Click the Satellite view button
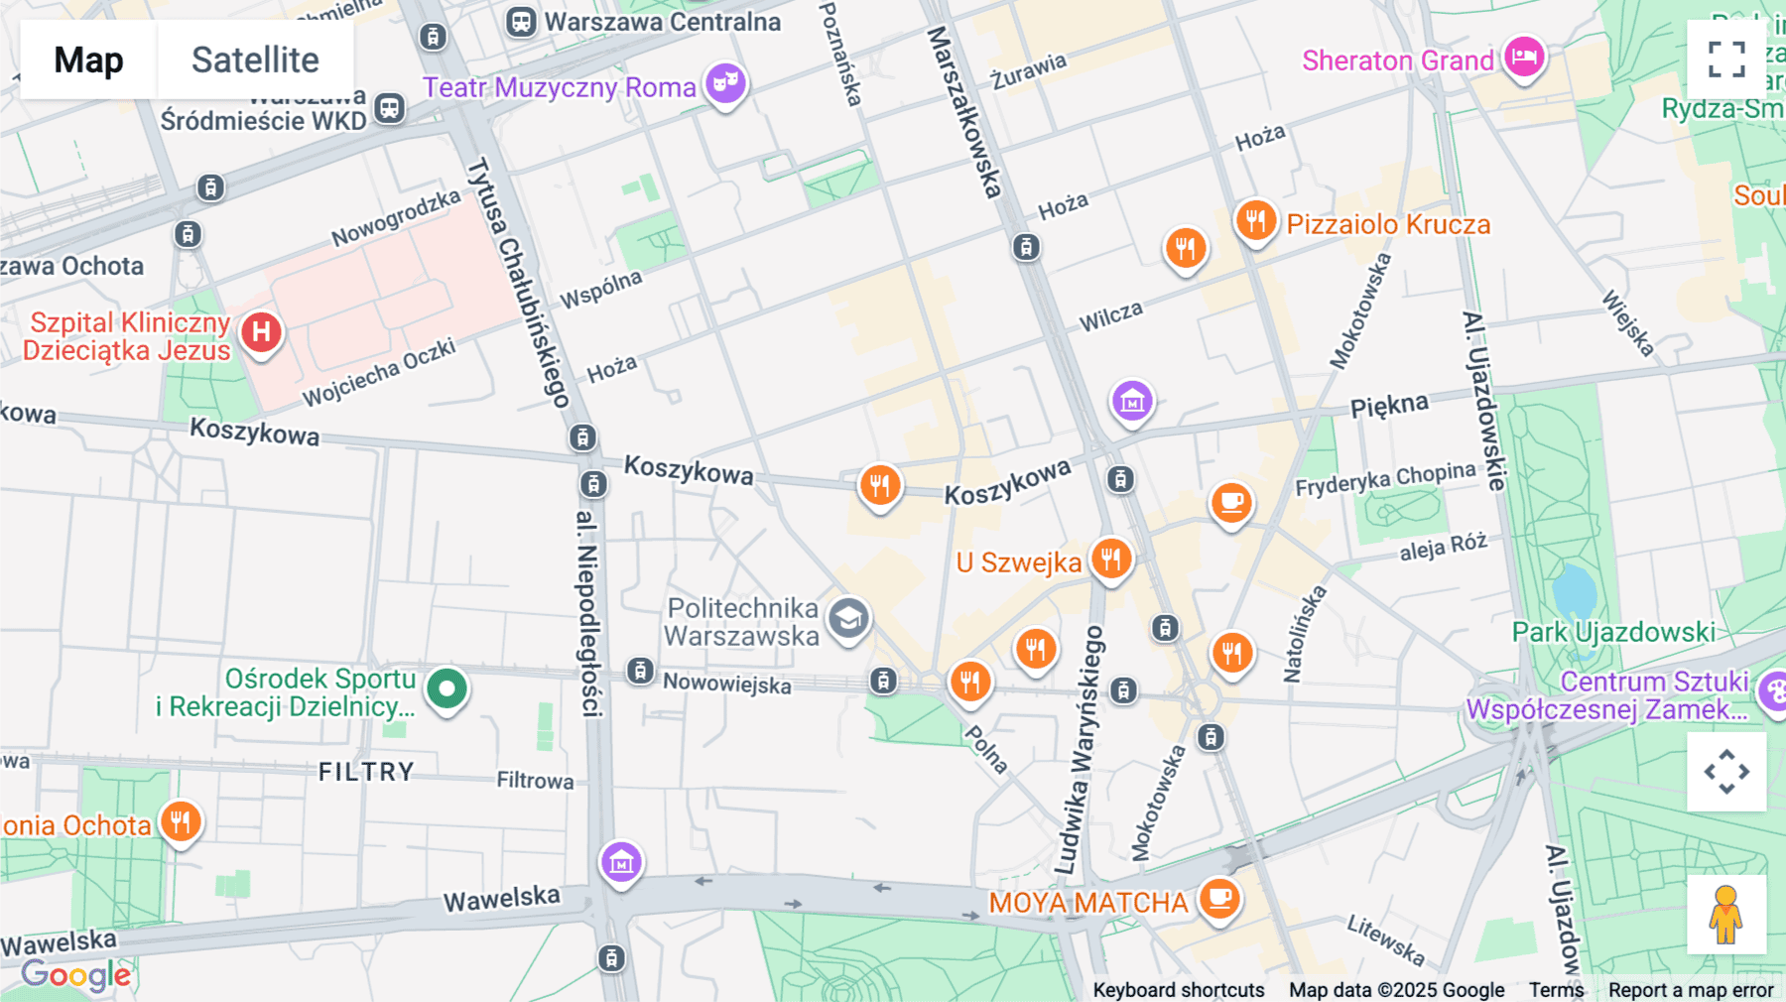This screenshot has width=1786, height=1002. [x=255, y=60]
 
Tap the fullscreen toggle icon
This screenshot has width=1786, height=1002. [x=1726, y=60]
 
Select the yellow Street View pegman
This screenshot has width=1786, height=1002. [x=1726, y=914]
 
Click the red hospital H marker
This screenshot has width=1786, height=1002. [x=261, y=332]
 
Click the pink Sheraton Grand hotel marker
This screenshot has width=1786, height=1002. [x=1524, y=57]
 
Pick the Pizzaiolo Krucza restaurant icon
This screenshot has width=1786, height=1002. [x=1255, y=220]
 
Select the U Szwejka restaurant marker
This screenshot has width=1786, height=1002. [x=1111, y=560]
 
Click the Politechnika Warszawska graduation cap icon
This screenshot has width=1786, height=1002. [x=848, y=620]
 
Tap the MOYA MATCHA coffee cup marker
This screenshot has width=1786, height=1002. [x=1219, y=899]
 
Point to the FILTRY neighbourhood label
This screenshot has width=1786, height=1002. [x=366, y=772]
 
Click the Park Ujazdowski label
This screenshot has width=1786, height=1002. [x=1613, y=632]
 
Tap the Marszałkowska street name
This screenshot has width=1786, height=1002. [x=964, y=112]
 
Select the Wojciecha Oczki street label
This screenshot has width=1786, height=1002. [x=379, y=372]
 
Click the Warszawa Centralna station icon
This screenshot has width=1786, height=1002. [x=521, y=21]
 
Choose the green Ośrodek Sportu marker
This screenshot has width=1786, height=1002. [x=446, y=688]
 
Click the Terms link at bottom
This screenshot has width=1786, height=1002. [x=1556, y=989]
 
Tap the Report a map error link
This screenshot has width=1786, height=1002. [x=1691, y=989]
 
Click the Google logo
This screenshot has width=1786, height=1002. [x=76, y=975]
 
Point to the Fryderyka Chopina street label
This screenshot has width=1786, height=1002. [x=1385, y=478]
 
